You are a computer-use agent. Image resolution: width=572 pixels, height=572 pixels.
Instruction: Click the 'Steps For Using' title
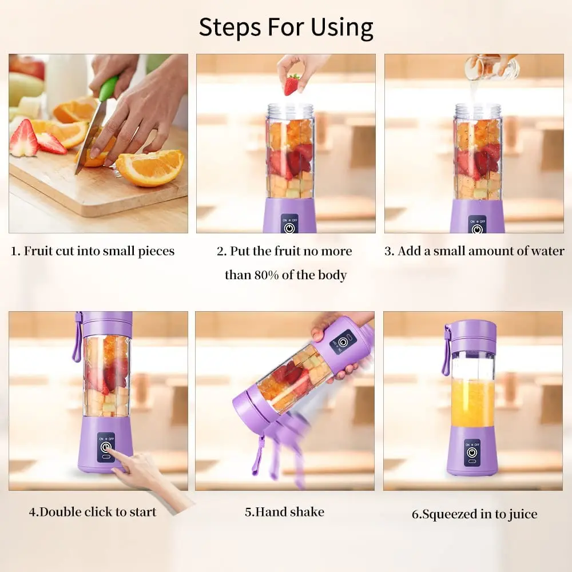[285, 27]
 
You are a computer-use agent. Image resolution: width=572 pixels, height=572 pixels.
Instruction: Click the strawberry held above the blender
[292, 85]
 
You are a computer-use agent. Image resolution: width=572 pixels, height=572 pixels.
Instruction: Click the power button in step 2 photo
[289, 227]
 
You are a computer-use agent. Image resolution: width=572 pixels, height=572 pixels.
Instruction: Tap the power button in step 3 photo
[477, 228]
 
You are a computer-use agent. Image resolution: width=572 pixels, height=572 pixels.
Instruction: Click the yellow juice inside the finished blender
[472, 403]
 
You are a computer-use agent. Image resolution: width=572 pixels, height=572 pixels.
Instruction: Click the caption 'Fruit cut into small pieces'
[93, 251]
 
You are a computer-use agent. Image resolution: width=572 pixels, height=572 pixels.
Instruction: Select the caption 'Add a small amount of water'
[474, 251]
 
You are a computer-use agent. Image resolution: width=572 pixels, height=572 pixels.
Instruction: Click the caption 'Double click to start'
[93, 511]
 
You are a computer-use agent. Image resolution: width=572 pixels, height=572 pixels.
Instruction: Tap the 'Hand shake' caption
[284, 511]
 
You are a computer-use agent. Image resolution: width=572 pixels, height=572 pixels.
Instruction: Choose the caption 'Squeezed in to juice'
[474, 514]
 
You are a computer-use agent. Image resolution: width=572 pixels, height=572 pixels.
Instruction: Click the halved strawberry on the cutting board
[24, 139]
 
